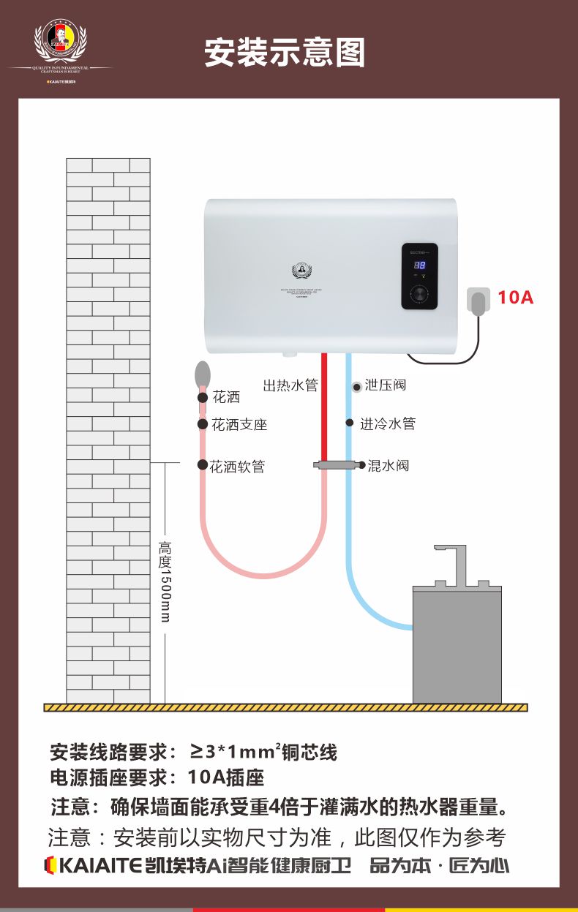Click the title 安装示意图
click(285, 53)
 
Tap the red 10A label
click(516, 298)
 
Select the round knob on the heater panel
click(420, 294)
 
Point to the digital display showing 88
click(420, 266)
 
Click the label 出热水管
click(290, 385)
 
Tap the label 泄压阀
click(385, 385)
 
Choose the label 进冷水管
click(388, 423)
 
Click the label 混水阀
click(388, 465)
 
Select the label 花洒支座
click(239, 425)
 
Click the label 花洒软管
click(237, 467)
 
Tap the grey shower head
click(203, 374)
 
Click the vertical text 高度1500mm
click(165, 582)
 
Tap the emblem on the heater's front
click(302, 271)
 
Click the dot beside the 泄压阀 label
click(356, 385)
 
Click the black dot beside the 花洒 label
click(203, 397)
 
